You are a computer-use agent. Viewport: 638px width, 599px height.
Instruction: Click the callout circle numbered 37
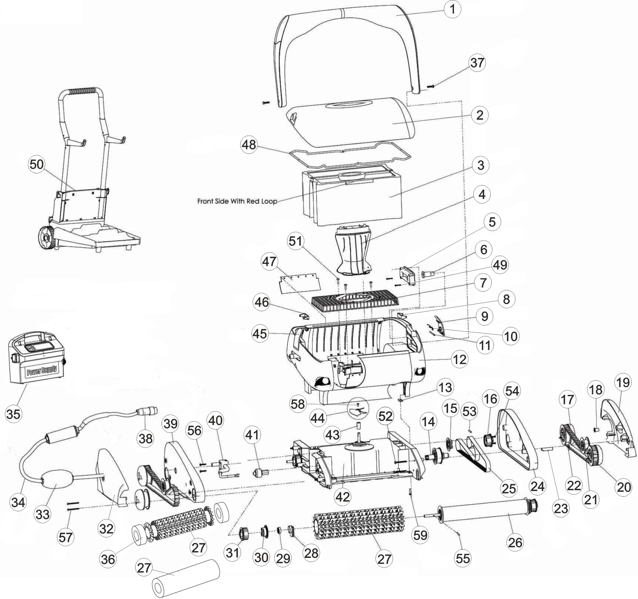(477, 63)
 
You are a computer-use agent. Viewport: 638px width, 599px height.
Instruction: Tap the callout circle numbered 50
(36, 165)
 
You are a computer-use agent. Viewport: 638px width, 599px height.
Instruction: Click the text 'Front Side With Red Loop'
(237, 201)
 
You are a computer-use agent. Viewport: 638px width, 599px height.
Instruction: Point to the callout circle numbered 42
(343, 497)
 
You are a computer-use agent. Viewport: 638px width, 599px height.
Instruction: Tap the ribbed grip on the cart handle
(83, 91)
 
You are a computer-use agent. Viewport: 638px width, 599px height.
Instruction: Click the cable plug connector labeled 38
(148, 410)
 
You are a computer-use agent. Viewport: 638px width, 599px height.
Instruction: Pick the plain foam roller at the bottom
(186, 581)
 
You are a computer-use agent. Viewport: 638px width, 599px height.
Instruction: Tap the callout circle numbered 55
(463, 558)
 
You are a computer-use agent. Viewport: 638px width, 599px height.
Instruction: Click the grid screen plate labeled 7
(356, 302)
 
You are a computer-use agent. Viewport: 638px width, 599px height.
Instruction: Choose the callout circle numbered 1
(452, 9)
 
